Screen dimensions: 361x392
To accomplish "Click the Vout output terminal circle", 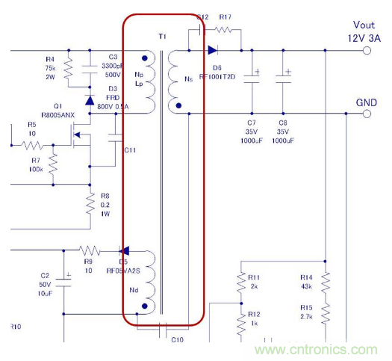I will tap(367, 51).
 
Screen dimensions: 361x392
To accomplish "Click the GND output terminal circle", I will tap(367, 114).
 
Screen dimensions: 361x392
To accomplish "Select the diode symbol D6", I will tap(213, 51).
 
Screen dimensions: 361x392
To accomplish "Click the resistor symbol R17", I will tap(225, 31).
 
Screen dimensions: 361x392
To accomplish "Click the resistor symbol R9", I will tap(90, 250).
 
